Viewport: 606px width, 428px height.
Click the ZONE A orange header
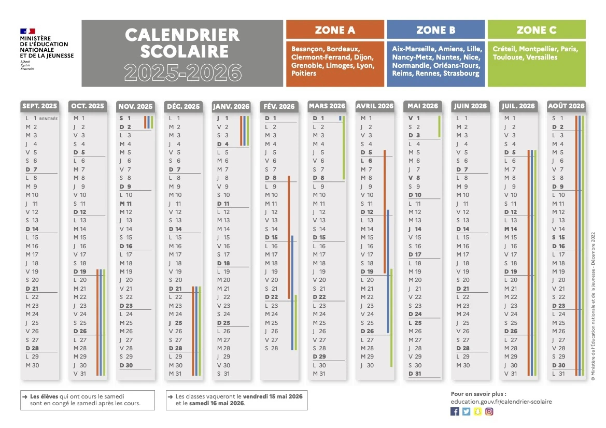coord(335,30)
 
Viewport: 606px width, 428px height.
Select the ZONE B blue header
coord(435,30)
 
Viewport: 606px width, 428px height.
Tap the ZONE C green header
coord(537,30)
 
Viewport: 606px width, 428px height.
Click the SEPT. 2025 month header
coord(40,106)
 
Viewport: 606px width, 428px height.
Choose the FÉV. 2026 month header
coord(279,107)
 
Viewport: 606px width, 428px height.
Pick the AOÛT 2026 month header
coord(566,106)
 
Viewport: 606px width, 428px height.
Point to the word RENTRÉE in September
coord(48,119)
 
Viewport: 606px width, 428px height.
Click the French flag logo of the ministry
coord(27,32)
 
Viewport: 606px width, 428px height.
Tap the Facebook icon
coord(455,411)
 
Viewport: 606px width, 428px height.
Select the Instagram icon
coord(489,411)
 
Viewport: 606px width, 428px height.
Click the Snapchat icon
coord(477,411)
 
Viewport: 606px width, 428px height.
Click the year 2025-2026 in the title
coord(182,73)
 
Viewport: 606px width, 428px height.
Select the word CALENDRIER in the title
coord(182,35)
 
